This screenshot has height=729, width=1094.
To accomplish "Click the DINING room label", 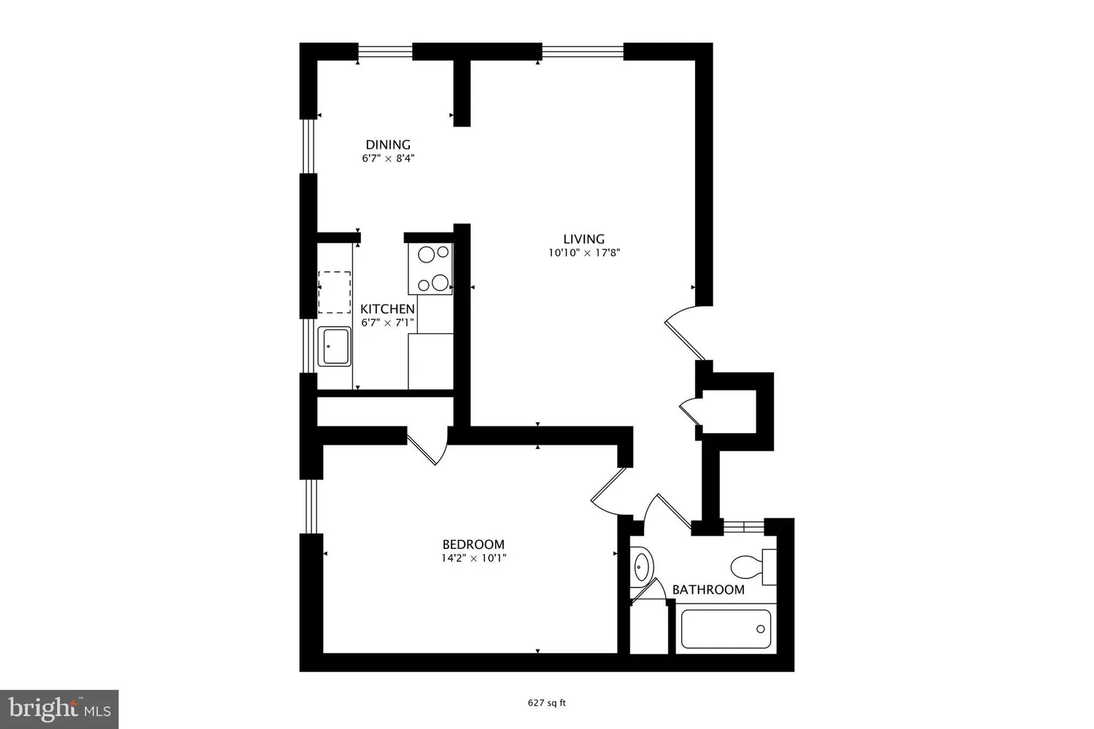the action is tap(388, 144).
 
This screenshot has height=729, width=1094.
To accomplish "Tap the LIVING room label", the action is tap(583, 239).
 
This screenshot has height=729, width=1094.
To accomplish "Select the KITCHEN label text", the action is tap(387, 308).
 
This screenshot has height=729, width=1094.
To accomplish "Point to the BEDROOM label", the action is tap(473, 544).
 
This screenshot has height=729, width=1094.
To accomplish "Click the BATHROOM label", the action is tap(708, 589).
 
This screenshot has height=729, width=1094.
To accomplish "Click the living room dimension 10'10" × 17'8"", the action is tap(583, 253).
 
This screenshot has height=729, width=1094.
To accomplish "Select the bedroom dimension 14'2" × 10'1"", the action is tap(474, 558).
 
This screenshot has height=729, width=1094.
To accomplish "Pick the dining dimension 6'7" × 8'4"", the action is tap(388, 159).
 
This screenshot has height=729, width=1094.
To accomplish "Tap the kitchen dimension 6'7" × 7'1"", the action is tap(387, 323).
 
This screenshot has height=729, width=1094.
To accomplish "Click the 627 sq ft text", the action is tap(546, 703).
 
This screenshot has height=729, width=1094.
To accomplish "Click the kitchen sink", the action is tap(335, 346).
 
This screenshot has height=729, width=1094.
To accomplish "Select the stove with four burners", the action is tap(430, 268).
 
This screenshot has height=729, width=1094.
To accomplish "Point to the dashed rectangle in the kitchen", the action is tap(335, 292).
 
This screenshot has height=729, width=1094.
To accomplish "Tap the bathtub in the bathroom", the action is tap(726, 629).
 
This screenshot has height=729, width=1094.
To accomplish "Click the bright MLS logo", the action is tap(59, 709).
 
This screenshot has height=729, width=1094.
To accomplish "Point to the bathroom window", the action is tap(743, 526).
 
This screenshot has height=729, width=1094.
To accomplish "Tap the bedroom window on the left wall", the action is tap(311, 507).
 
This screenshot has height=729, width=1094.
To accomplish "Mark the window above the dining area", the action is tap(385, 52).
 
